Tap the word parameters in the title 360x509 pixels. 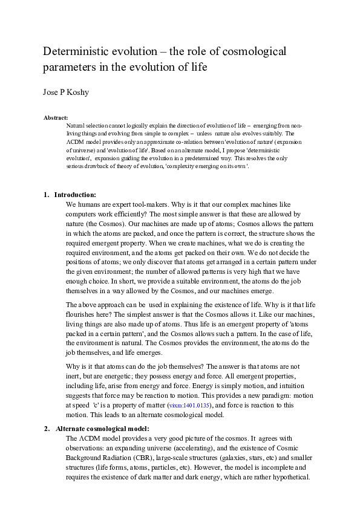[x=71, y=66]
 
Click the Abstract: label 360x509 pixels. [x=56, y=117]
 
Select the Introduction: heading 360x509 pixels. [x=75, y=195]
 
